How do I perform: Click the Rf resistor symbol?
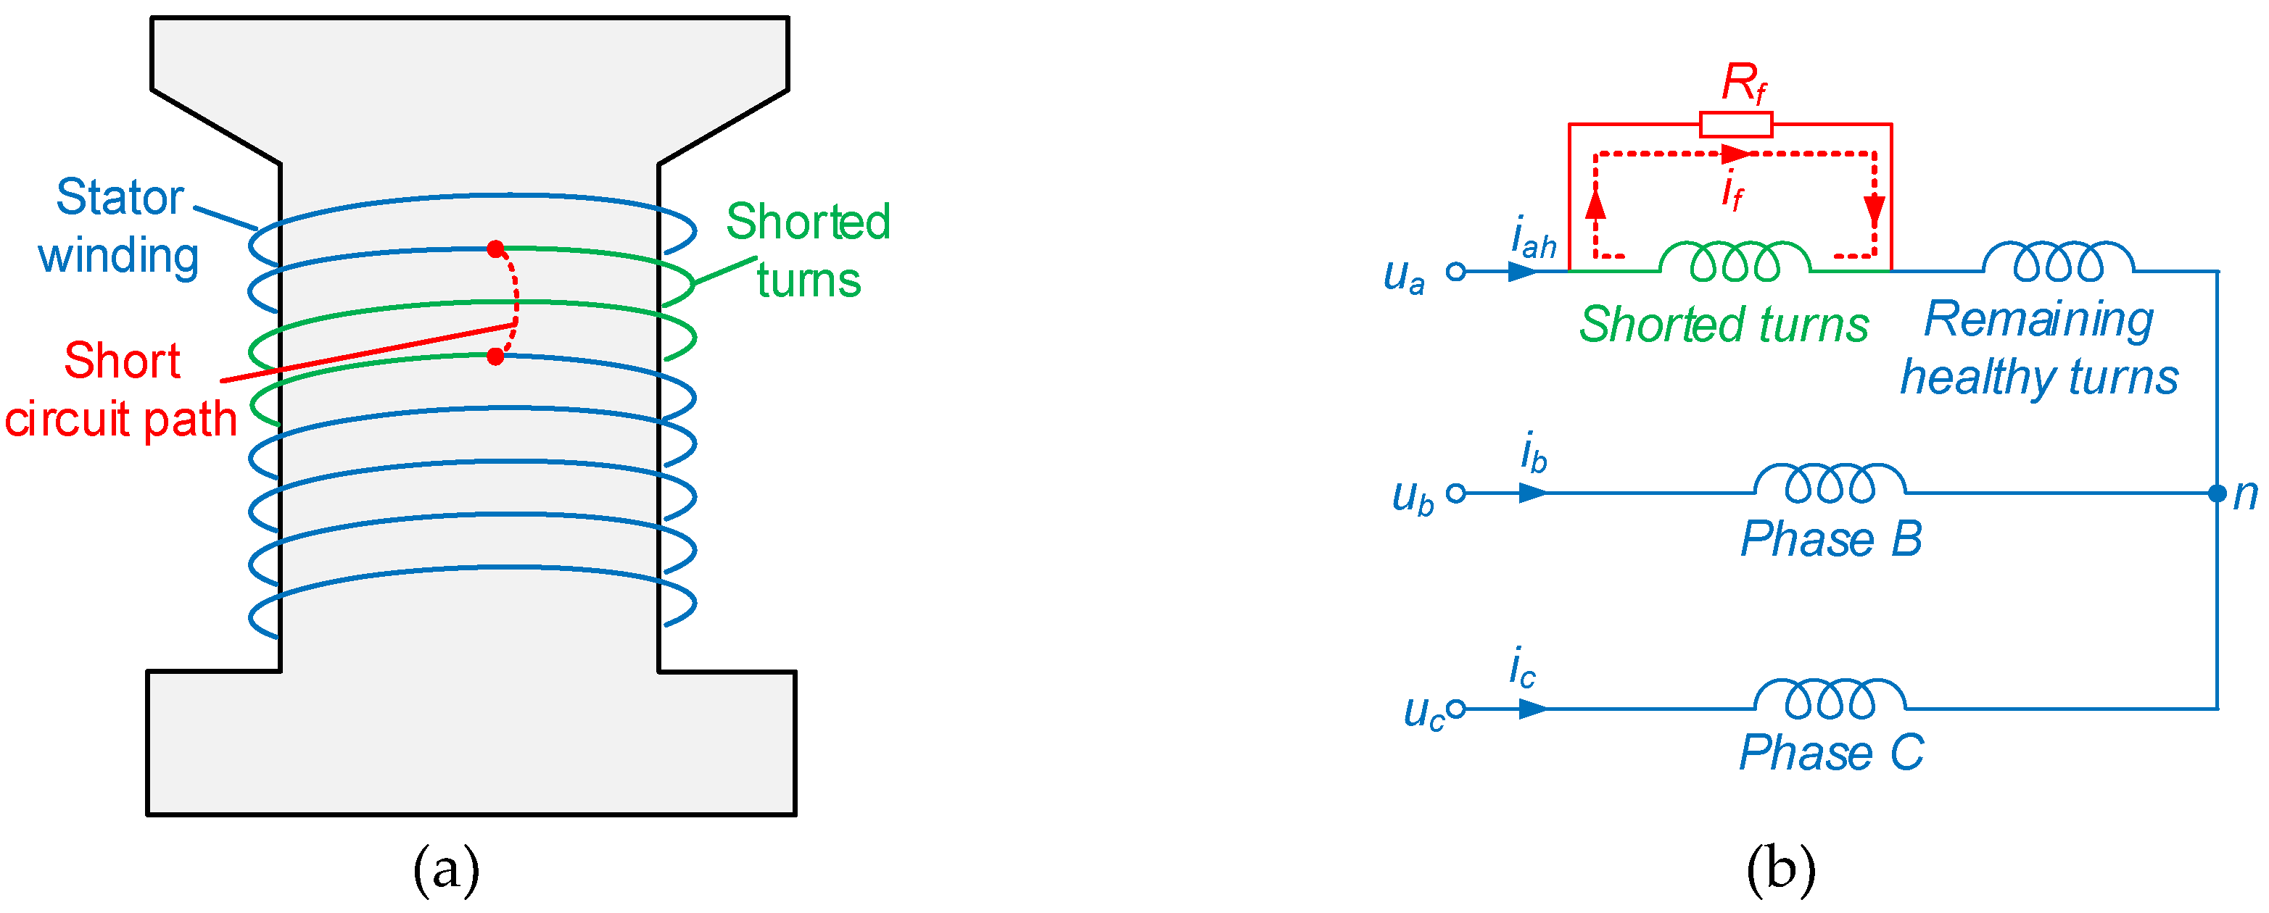point(1735,124)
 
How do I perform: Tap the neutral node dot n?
point(2217,493)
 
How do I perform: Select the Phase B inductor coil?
point(1830,483)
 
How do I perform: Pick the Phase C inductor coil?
point(1830,697)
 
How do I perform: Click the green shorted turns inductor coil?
point(1735,261)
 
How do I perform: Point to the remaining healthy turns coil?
point(2059,261)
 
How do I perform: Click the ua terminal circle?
point(1456,271)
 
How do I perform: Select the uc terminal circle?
point(1456,708)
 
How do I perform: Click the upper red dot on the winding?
point(496,249)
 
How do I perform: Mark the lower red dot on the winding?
point(496,357)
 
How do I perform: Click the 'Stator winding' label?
point(119,225)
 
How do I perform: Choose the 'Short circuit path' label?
point(122,389)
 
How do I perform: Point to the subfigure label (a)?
point(446,869)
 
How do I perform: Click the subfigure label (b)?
point(1780,869)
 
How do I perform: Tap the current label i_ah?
point(1533,238)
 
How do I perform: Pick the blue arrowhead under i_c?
point(1533,708)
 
